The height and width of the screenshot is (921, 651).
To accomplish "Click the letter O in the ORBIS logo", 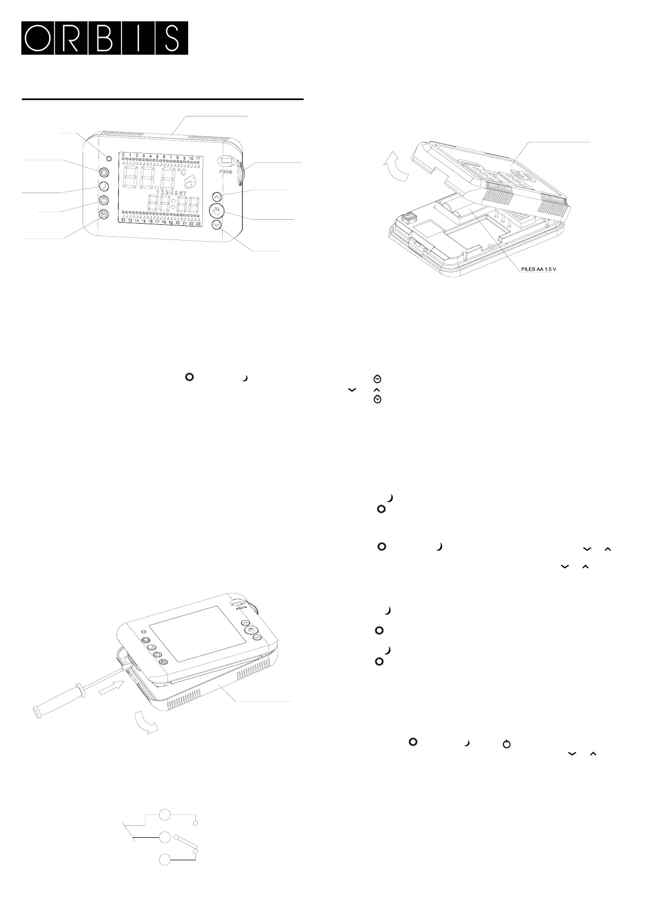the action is (38, 38).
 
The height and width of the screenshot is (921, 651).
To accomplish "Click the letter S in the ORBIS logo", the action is (171, 38).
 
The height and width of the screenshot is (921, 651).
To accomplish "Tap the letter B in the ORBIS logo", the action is (104, 38).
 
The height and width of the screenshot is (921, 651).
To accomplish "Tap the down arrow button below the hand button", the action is (218, 225).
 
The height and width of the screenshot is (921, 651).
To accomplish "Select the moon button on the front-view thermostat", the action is (103, 186).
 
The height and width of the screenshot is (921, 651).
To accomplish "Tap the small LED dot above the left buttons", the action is (108, 158).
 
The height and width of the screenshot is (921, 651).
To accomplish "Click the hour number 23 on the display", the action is (198, 223).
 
